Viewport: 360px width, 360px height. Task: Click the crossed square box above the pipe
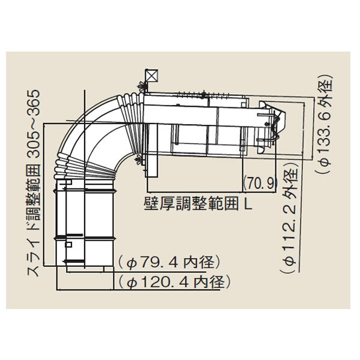pyautogui.click(x=152, y=76)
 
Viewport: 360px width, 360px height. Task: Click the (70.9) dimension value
pyautogui.click(x=260, y=183)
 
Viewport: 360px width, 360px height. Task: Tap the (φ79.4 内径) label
pyautogui.click(x=169, y=262)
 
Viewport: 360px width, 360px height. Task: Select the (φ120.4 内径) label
pyautogui.click(x=174, y=282)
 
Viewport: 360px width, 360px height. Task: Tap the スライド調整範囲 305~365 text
pyautogui.click(x=34, y=183)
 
